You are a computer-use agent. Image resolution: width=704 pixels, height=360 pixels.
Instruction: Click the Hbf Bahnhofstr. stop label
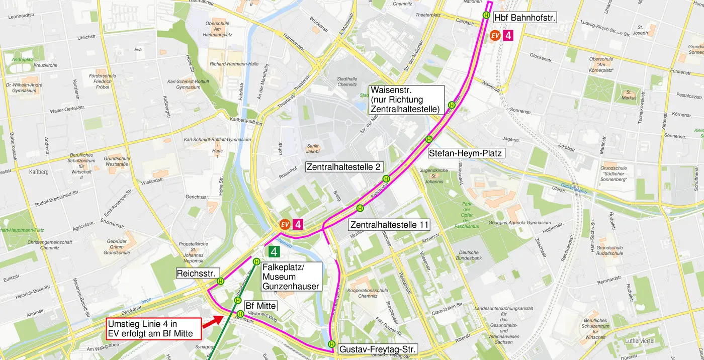[524, 18]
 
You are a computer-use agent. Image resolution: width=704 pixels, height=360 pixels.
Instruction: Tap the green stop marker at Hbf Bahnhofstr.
[486, 15]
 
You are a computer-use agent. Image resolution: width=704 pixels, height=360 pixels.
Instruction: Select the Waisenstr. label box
[406, 99]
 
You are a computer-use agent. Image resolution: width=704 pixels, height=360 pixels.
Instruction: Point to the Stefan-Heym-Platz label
[465, 153]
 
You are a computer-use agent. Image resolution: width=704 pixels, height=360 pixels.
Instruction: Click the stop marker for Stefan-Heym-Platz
[429, 139]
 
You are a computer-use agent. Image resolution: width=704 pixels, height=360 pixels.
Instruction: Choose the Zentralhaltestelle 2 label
[344, 167]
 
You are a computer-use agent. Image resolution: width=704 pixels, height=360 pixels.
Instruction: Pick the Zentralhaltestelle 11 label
[390, 225]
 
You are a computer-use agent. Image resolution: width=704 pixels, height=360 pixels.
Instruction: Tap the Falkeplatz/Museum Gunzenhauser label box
[291, 277]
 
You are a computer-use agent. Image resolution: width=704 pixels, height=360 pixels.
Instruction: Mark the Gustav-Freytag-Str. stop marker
[331, 344]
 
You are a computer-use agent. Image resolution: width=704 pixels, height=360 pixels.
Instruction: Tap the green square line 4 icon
[274, 251]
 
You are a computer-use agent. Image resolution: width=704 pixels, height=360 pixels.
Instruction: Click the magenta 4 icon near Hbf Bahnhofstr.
[508, 35]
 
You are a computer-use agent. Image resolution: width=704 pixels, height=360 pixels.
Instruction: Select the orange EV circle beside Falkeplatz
[285, 224]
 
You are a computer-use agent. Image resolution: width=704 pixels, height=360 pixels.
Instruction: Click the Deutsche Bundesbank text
[469, 255]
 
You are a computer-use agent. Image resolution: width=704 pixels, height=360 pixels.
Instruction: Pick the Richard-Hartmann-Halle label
[234, 64]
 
